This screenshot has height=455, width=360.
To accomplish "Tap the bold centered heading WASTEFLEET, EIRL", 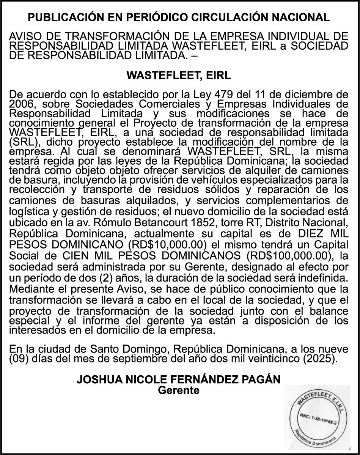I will pyautogui.click(x=179, y=75).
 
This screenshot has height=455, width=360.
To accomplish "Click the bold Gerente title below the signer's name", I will pyautogui.click(x=179, y=390).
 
